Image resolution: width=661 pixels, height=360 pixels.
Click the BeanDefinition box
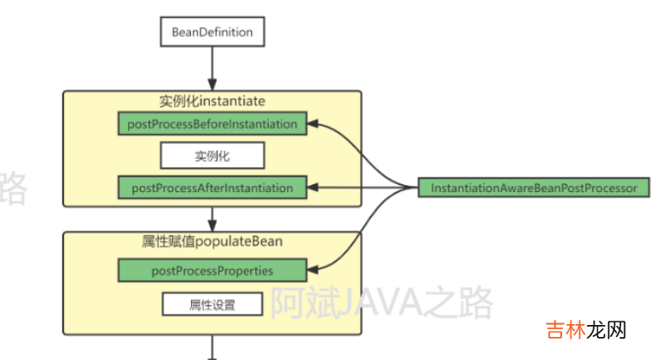pyautogui.click(x=212, y=33)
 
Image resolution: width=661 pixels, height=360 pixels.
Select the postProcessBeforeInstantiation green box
pyautogui.click(x=212, y=124)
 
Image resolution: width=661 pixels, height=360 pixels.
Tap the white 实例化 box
pyautogui.click(x=212, y=156)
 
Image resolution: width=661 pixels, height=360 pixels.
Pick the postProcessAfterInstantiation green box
pyautogui.click(x=212, y=187)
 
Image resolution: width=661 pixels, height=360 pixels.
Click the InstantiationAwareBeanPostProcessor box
pyautogui.click(x=534, y=188)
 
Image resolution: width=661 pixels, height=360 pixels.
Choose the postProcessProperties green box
pyautogui.click(x=212, y=271)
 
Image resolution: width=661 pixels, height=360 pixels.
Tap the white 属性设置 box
pyautogui.click(x=212, y=303)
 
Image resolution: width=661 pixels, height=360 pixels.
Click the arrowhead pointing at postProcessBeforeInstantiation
pyautogui.click(x=312, y=125)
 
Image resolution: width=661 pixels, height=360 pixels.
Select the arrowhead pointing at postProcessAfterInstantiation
pyautogui.click(x=312, y=188)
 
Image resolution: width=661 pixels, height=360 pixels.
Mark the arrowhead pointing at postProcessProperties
pyautogui.click(x=312, y=271)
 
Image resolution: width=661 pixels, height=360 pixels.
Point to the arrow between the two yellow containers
pyautogui.click(x=212, y=218)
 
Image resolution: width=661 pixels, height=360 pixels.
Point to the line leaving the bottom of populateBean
pyautogui.click(x=212, y=347)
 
